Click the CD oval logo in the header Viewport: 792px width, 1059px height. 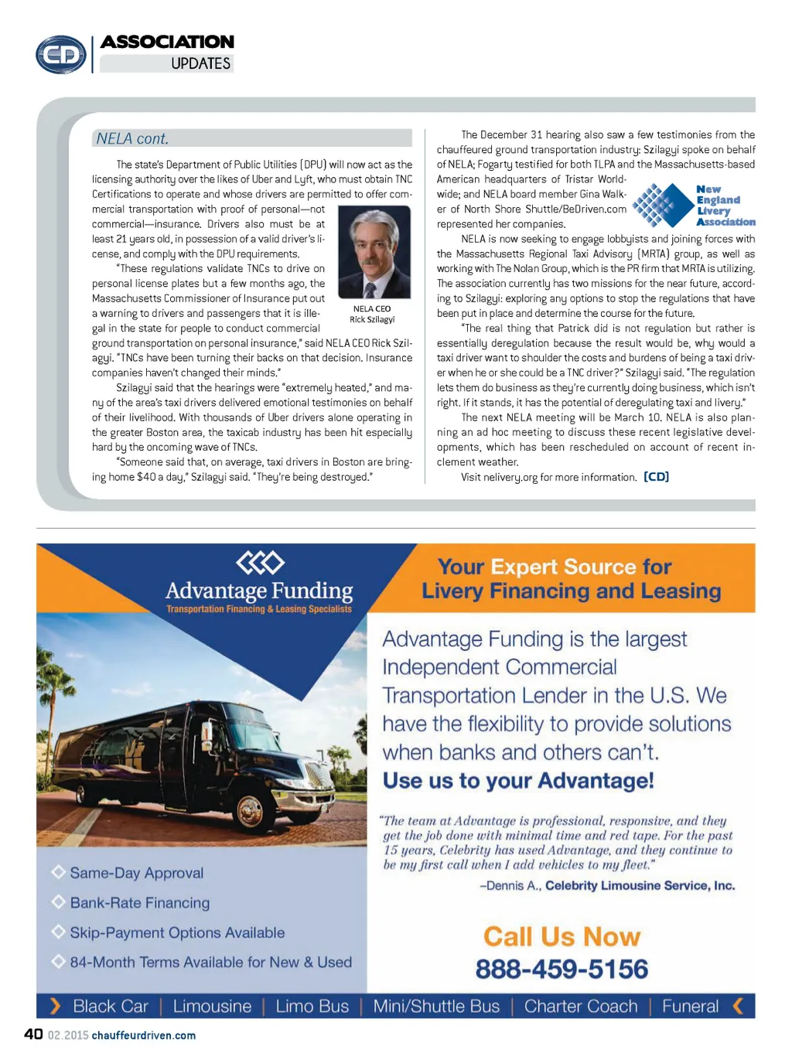(61, 55)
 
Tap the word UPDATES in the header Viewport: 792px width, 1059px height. (200, 64)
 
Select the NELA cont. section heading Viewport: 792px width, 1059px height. (132, 139)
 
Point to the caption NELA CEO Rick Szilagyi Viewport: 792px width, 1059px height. (372, 314)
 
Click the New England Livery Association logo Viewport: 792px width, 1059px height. (693, 206)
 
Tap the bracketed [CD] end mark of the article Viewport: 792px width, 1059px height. (656, 477)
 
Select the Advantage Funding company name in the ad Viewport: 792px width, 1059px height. (259, 591)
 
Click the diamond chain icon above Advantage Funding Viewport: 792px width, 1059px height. (260, 563)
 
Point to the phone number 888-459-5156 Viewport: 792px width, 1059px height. (562, 969)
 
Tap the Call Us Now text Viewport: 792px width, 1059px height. (562, 937)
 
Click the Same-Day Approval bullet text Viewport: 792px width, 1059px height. (137, 873)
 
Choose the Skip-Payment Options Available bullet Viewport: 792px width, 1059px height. (177, 933)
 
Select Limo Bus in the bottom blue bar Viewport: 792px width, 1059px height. (312, 1006)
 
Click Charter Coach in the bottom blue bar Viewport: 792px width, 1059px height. (581, 1006)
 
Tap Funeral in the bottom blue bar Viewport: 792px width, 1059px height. (690, 1006)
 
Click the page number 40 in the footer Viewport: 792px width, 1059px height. (33, 1034)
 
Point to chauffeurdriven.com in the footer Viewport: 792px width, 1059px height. (144, 1036)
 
